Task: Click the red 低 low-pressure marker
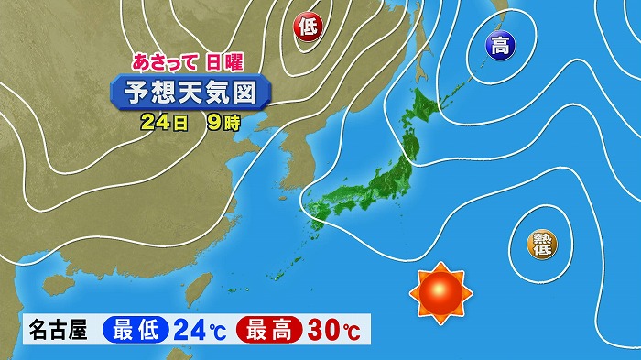(x=308, y=28)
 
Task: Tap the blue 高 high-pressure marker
(x=500, y=45)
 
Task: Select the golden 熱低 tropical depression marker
(x=538, y=242)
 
